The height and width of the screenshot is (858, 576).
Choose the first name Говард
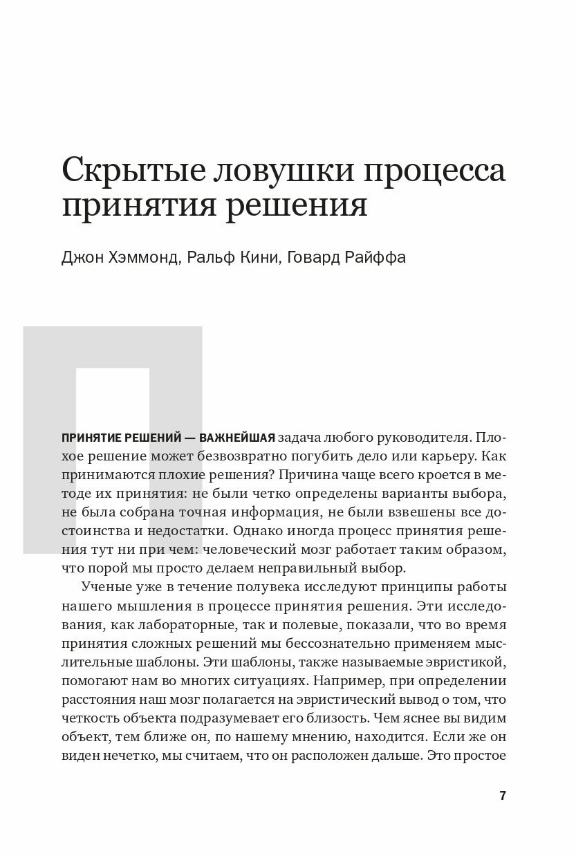[309, 258]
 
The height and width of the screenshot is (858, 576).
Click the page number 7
[503, 795]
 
